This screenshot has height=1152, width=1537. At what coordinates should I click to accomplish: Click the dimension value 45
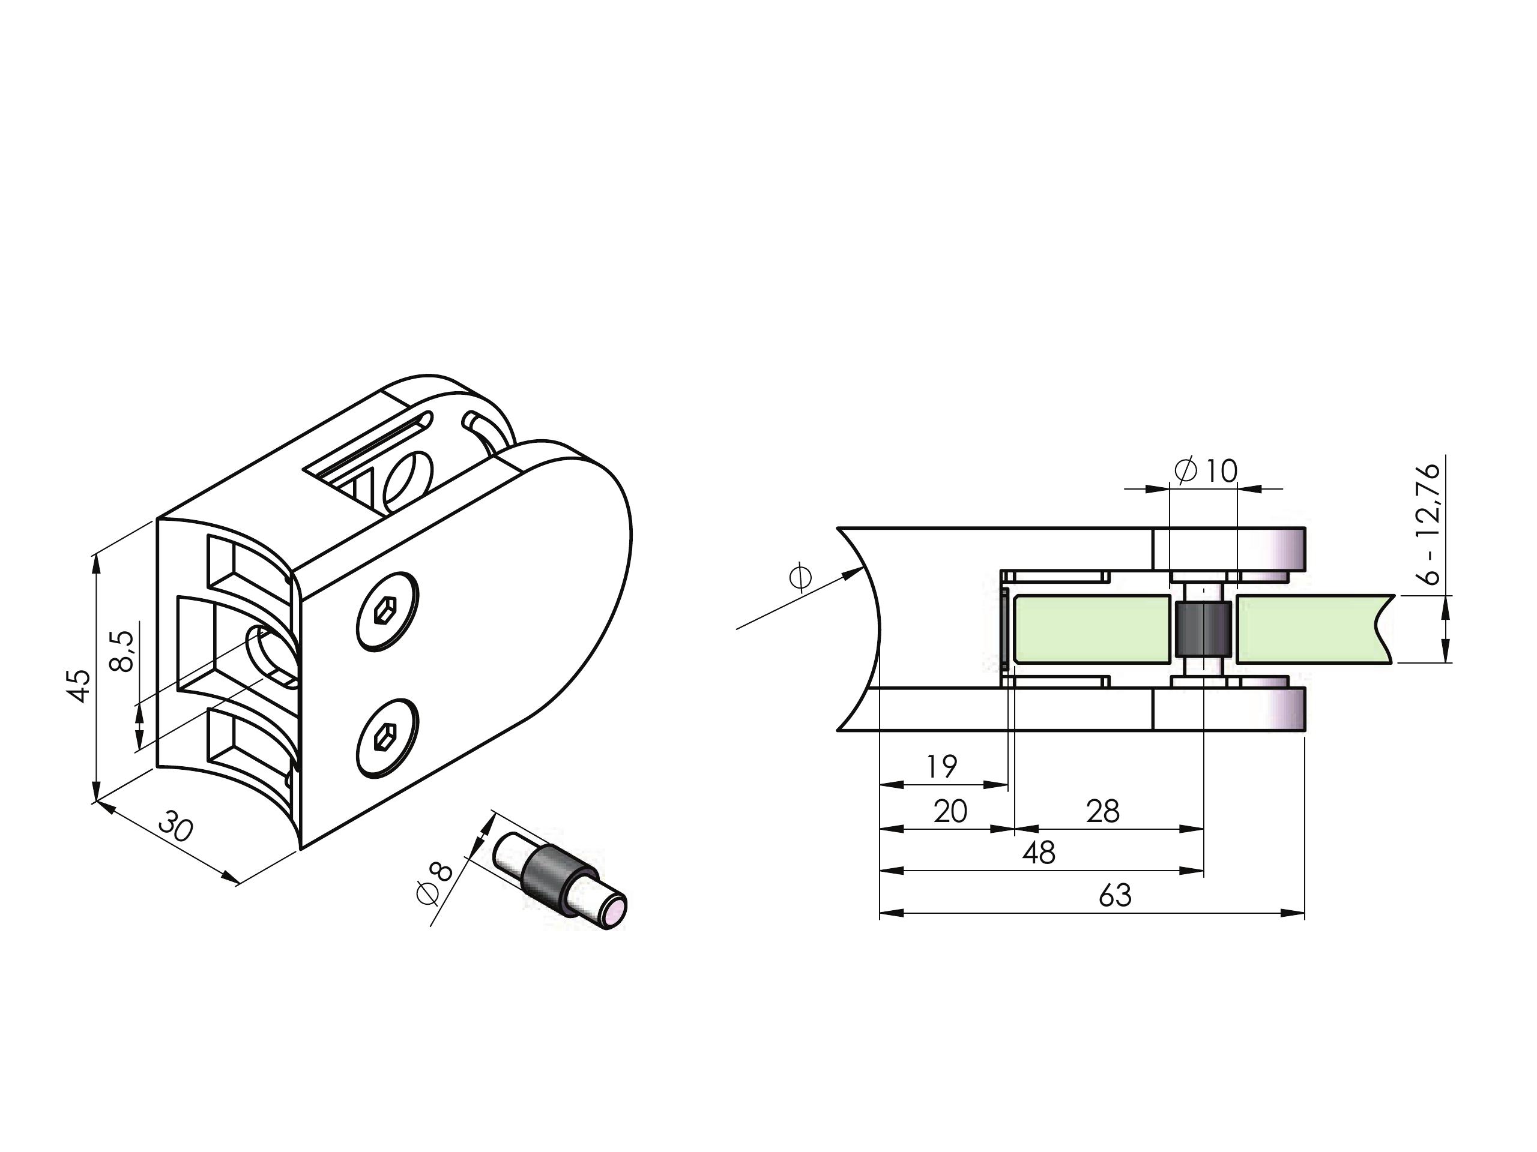(81, 685)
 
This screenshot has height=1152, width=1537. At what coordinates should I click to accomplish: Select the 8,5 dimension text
(122, 650)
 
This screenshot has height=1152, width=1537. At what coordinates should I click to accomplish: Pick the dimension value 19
(941, 767)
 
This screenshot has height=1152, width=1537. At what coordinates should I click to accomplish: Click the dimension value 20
(950, 811)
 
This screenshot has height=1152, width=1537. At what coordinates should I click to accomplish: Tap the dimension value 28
(1103, 811)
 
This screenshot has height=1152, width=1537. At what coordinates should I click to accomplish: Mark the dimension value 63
(1116, 896)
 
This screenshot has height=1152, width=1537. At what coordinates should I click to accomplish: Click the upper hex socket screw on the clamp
(387, 612)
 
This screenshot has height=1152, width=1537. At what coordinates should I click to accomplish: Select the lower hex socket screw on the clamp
(387, 737)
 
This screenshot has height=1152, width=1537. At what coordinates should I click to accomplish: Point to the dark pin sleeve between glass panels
(1203, 631)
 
